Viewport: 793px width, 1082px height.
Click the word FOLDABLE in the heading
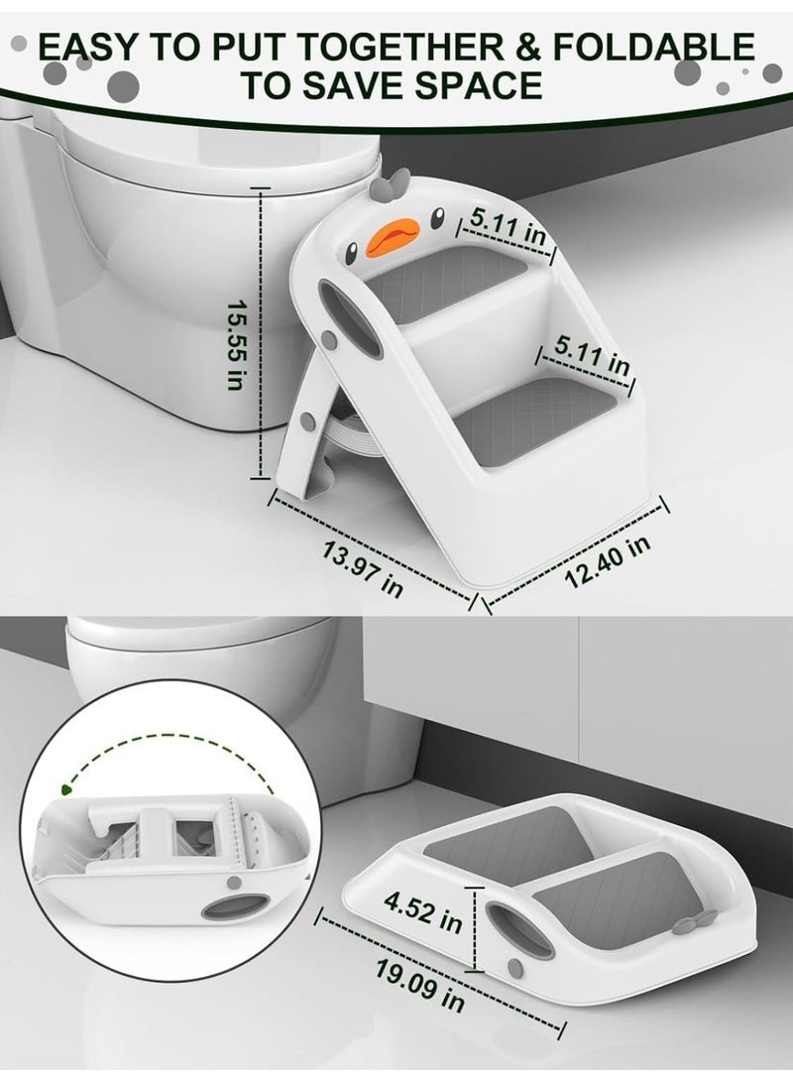click(x=652, y=48)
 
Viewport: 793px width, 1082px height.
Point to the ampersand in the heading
click(x=527, y=48)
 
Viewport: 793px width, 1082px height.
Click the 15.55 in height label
click(x=237, y=344)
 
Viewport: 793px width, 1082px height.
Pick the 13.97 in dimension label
click(x=363, y=569)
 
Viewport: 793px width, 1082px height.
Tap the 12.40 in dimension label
click(x=607, y=559)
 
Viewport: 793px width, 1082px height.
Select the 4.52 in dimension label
click(x=422, y=910)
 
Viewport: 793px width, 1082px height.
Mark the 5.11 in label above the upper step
click(x=508, y=226)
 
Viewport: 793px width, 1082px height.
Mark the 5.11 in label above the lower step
click(x=593, y=355)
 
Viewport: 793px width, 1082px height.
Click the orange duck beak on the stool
click(x=392, y=239)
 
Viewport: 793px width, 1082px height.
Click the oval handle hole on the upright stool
click(x=349, y=321)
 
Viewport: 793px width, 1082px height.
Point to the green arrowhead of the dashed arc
click(x=66, y=788)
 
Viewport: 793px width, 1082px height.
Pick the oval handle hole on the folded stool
click(x=518, y=931)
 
